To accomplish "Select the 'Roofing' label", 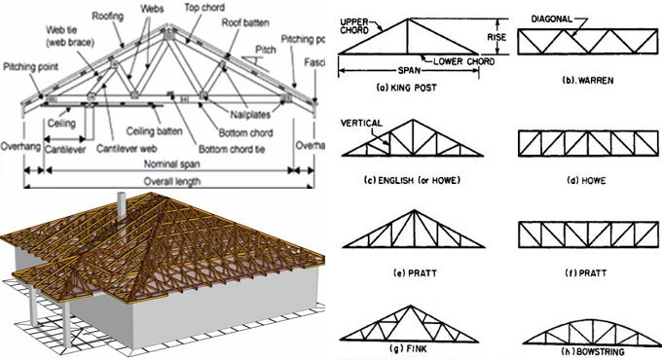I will pos(109,16).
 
